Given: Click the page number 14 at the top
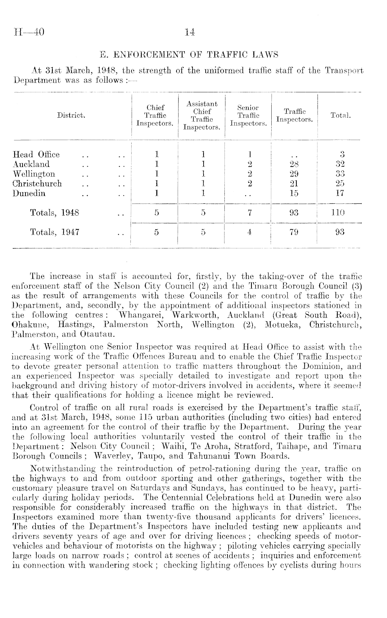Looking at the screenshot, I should (190, 33).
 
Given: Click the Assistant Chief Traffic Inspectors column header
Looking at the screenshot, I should (202, 116).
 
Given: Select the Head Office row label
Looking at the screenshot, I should (36, 154).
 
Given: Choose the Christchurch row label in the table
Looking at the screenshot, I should (37, 183).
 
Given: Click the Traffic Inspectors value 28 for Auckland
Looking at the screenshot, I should (294, 164).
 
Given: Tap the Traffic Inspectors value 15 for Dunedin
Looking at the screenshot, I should (294, 193).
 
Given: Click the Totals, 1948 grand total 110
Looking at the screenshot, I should (340, 212).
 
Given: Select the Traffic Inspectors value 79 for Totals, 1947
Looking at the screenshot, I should (294, 232).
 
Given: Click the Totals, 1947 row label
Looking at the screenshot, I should (55, 232).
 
